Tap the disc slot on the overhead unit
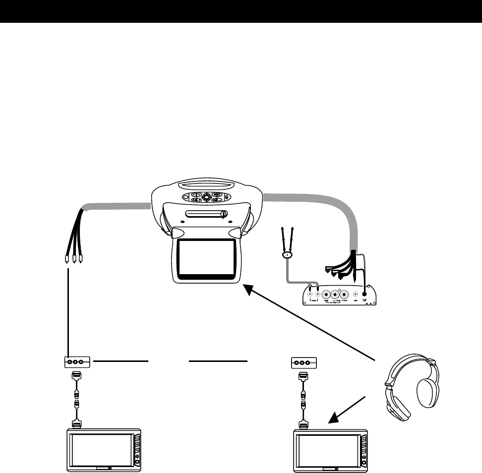(x=205, y=214)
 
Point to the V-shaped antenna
(x=287, y=243)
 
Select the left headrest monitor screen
(x=101, y=449)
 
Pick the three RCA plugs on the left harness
(x=74, y=259)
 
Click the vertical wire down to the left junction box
(x=67, y=312)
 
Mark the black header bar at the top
(x=241, y=11)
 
